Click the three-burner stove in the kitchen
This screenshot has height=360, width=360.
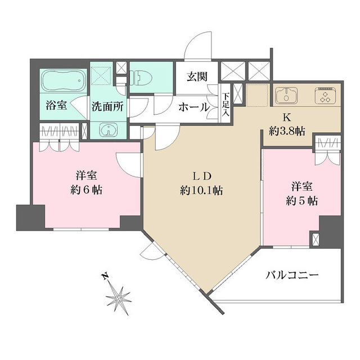pos(324,95)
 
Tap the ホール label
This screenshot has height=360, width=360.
pos(194,107)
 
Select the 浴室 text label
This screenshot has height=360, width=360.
pos(56,105)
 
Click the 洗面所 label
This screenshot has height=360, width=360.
pos(108,106)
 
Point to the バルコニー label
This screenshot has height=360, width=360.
pos(292,276)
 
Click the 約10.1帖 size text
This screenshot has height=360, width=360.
pos(201,191)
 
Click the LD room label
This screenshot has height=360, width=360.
pos(201,175)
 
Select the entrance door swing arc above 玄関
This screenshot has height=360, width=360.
pos(200,48)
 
